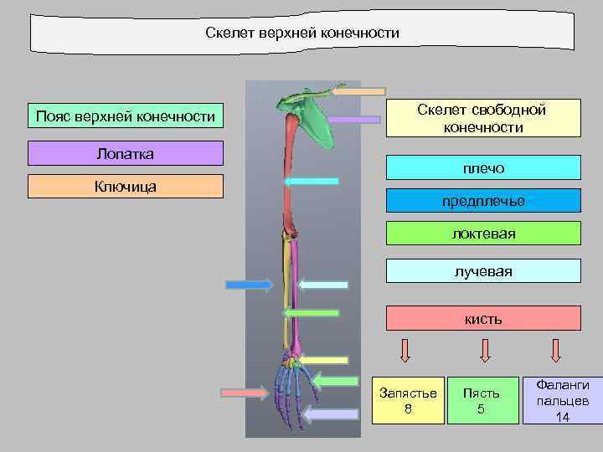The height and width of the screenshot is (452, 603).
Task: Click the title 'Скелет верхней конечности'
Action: point(302,33)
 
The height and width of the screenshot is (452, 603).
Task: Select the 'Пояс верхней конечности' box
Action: point(126,116)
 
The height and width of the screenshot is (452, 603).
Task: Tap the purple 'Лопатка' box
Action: point(126,153)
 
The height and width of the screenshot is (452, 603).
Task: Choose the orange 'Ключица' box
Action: point(126,186)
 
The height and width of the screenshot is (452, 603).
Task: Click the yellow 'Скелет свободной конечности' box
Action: point(483,118)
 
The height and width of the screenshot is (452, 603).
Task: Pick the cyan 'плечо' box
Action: point(483,168)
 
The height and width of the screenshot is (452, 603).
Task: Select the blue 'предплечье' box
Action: point(483,201)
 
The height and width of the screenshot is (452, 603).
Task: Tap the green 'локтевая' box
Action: point(483,234)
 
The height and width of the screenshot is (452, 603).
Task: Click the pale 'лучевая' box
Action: point(483,271)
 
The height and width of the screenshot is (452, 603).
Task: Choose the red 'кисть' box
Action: point(483,319)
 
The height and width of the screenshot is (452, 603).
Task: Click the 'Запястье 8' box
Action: point(408,400)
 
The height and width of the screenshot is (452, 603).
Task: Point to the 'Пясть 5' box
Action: point(481,400)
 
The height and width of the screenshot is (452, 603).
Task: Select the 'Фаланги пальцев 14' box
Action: point(563,400)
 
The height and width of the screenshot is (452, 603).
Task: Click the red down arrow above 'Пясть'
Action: point(482,350)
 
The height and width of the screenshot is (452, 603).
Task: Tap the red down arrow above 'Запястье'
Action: point(405,350)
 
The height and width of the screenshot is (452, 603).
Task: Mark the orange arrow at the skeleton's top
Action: point(358,90)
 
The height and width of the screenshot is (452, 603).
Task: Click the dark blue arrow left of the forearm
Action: point(249,285)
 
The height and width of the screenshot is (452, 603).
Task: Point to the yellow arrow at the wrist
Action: point(325,360)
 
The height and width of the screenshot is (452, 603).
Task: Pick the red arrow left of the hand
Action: point(245,392)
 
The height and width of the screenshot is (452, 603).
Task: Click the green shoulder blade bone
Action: point(310,117)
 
